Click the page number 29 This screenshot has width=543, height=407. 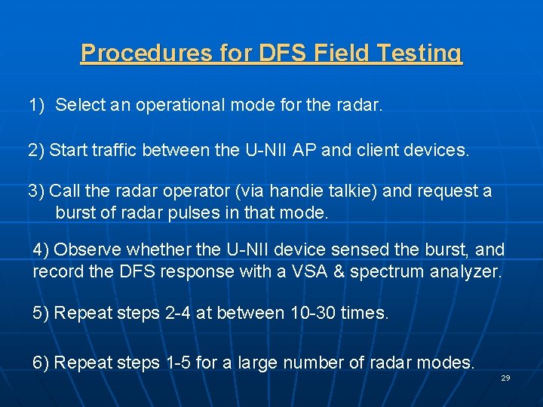pos(505,378)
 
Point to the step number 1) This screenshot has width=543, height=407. pos(37,105)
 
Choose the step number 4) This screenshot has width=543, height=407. pos(41,249)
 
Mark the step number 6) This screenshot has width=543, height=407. pos(41,363)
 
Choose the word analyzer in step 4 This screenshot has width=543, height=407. pos(465,271)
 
